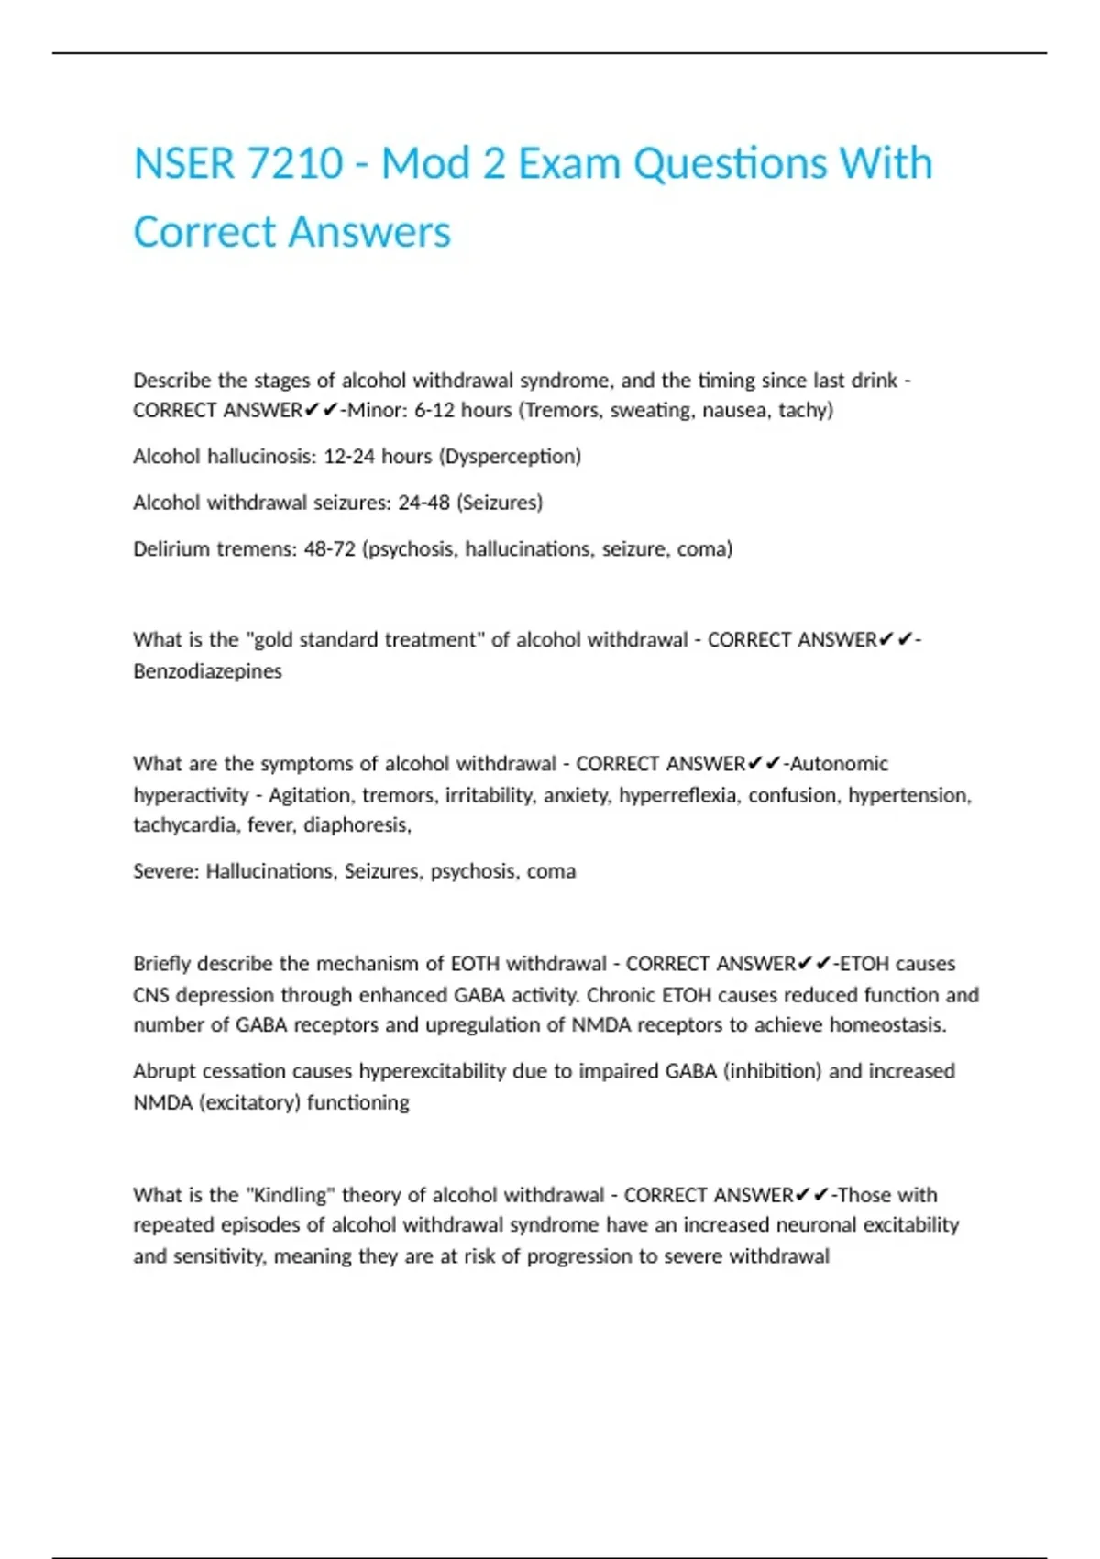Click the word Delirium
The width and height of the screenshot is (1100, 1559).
pos(171,548)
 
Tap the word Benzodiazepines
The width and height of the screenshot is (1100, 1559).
pos(207,670)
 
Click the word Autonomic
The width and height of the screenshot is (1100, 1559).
pos(839,763)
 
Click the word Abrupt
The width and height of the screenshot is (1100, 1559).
pos(164,1071)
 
